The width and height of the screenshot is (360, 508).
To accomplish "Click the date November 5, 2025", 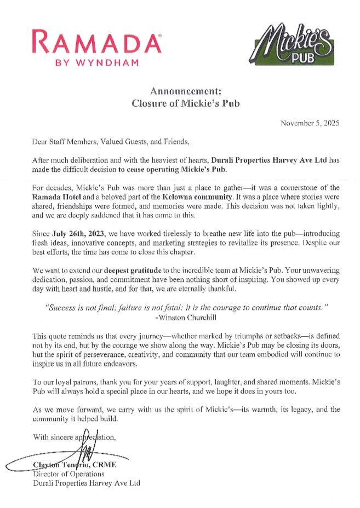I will tap(310, 123).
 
